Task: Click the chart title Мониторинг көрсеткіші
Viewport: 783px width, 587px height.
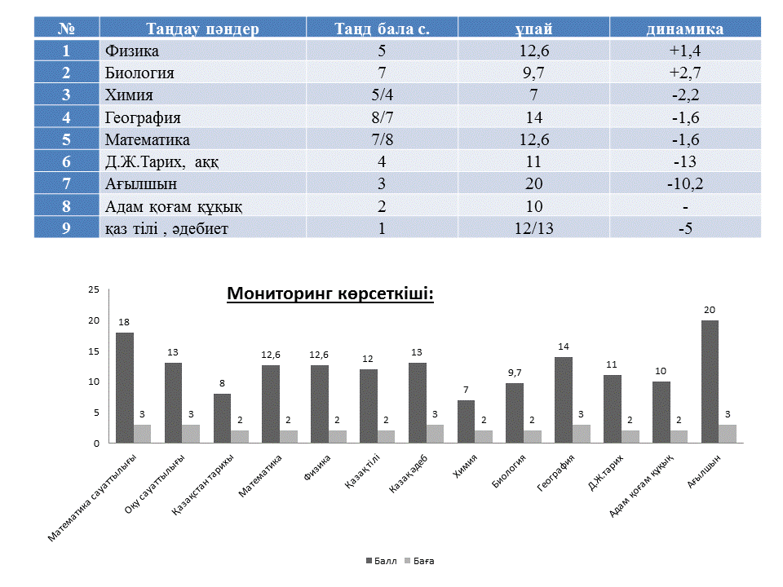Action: (x=330, y=293)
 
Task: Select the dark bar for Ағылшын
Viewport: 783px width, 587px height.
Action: (x=710, y=382)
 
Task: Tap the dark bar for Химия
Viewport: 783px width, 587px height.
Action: (x=466, y=421)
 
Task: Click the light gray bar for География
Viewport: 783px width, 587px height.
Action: (x=582, y=435)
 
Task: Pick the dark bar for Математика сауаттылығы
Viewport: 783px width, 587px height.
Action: (x=124, y=388)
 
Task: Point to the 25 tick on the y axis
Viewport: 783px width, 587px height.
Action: (x=94, y=289)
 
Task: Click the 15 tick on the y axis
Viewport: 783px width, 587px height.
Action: (x=94, y=351)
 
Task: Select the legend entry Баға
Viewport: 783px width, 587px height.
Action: (x=419, y=561)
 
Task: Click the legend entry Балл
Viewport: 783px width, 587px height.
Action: (x=382, y=561)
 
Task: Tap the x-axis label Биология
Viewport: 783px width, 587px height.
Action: (x=509, y=471)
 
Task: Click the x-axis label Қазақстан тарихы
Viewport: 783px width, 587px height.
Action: (x=202, y=484)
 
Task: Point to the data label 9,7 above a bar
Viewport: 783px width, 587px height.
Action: (x=515, y=373)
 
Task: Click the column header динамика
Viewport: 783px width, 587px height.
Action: (x=685, y=29)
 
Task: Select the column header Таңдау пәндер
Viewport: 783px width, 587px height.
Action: (x=203, y=29)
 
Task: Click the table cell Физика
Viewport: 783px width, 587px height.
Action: (x=132, y=51)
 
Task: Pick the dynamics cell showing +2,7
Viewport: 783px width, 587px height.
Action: (x=685, y=73)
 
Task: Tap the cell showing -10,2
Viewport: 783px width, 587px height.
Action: (x=685, y=183)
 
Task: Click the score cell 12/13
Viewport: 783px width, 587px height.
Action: (x=533, y=228)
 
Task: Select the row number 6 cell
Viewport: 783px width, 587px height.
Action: (x=66, y=161)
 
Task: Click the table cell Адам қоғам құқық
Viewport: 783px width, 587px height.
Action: (x=174, y=206)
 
